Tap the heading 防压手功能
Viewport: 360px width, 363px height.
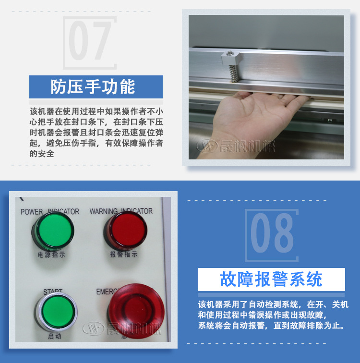(93, 87)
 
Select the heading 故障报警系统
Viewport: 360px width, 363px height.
(271, 279)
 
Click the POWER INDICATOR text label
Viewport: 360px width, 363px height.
(50, 212)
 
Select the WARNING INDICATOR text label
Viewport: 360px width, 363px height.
(121, 211)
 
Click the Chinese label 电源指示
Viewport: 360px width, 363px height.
(52, 255)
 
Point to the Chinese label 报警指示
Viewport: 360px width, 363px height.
(123, 254)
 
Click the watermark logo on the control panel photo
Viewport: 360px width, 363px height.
(122, 329)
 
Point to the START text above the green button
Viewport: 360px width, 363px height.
(53, 292)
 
